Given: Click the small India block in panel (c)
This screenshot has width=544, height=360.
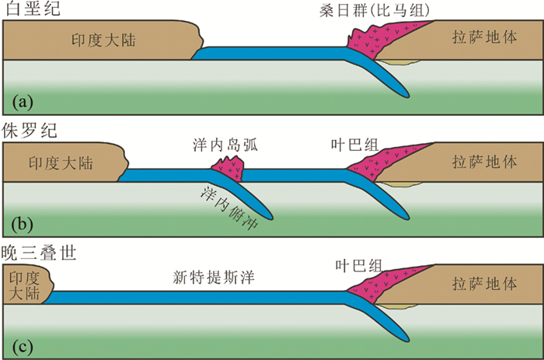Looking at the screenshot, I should (x=26, y=285).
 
